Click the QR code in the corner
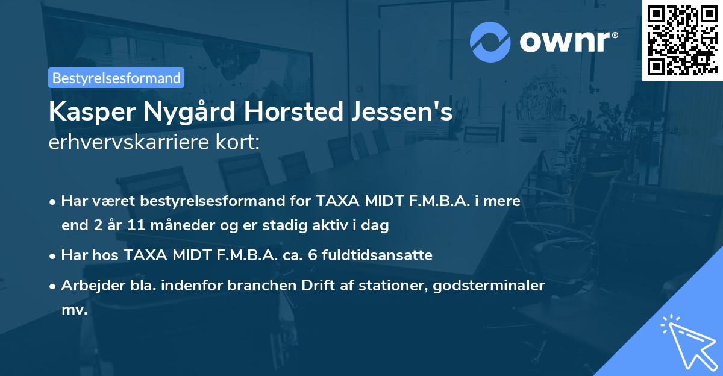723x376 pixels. (682, 40)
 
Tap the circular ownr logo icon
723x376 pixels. (490, 42)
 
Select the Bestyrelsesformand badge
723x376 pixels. (116, 78)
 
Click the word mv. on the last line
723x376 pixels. (74, 310)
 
